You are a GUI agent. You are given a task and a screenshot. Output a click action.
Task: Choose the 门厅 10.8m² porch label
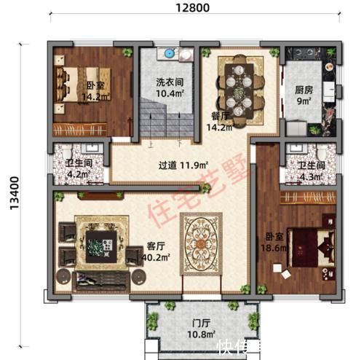pos(202,328)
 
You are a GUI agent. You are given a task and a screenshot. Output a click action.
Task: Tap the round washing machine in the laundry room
pos(169,55)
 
